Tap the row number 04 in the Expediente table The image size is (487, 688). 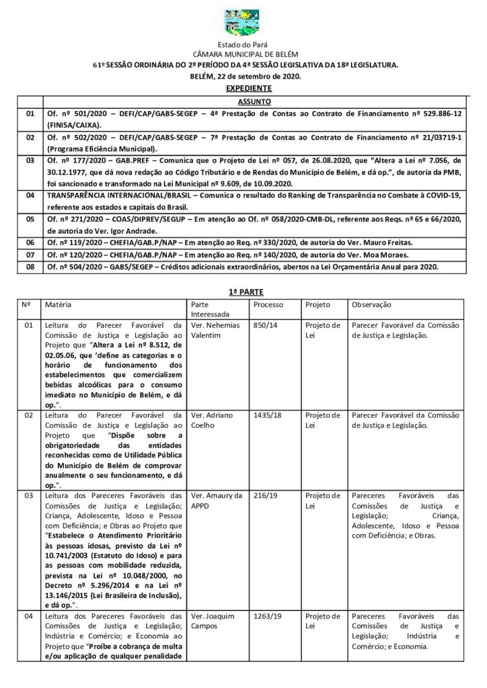(x=30, y=195)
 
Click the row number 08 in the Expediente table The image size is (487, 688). (x=30, y=267)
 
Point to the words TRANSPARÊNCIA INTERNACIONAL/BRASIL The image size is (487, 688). (x=113, y=195)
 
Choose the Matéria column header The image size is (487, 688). (x=59, y=304)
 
